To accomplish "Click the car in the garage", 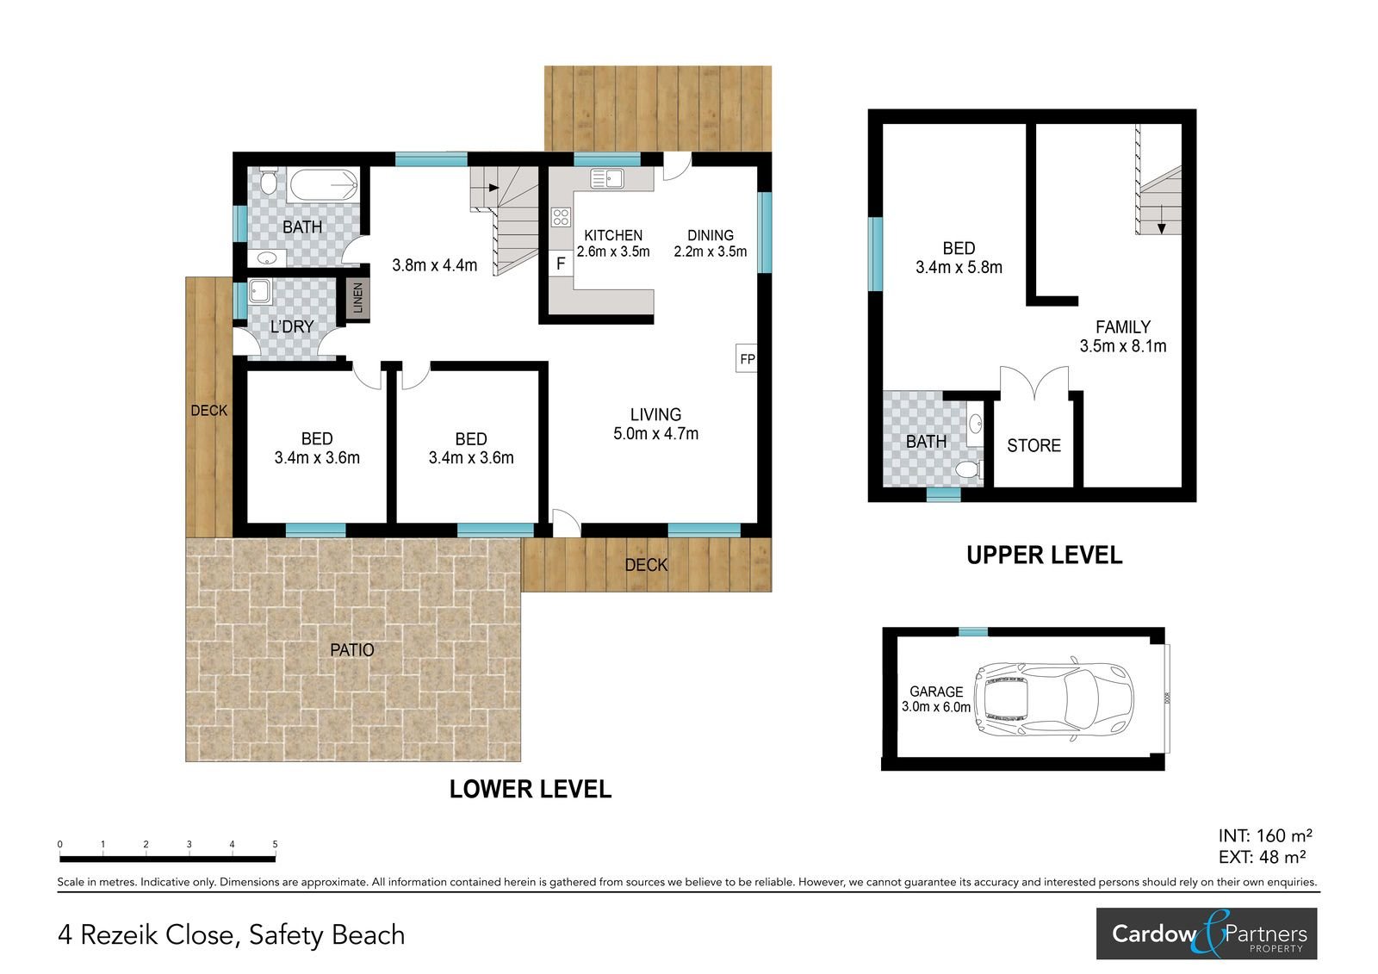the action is pos(1056,698).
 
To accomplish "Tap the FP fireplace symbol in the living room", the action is pos(746,358).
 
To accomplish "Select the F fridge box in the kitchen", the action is pos(561,264).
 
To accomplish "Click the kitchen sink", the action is pos(607,178).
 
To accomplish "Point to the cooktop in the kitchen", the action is pos(561,217).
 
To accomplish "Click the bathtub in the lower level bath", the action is pos(324,184).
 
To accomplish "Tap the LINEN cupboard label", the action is pos(357,299).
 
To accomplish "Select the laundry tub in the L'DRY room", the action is pos(260,291).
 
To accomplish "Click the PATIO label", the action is pos(352,649).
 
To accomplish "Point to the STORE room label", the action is pos(1033,445).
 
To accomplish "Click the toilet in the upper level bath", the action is pos(969,469).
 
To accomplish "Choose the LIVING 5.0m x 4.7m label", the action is pos(655,424).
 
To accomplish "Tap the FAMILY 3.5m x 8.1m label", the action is pos(1123,337).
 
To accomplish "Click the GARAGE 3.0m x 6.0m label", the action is pos(935,699).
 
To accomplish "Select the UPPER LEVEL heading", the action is pos(1044,555).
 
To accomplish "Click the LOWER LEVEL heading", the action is pos(531,790).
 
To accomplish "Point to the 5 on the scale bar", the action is pos(275,844).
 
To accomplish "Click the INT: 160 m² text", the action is pos(1265,835).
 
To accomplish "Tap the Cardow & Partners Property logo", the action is pos(1207,934).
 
